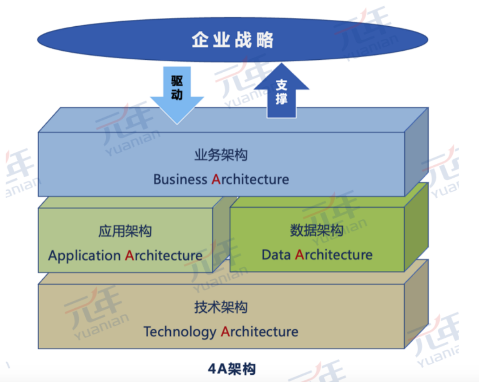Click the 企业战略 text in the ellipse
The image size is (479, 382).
click(232, 40)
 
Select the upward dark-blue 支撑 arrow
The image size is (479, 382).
click(282, 90)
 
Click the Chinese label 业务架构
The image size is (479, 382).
click(221, 155)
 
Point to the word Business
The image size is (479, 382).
click(180, 179)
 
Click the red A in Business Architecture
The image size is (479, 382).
click(216, 179)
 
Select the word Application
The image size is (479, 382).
click(85, 256)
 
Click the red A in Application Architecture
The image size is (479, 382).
click(129, 255)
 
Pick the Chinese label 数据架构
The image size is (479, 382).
click(316, 230)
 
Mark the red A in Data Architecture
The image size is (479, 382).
click(300, 255)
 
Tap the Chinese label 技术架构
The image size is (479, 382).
click(221, 307)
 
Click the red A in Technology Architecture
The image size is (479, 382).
click(225, 331)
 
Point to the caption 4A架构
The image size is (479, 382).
click(232, 369)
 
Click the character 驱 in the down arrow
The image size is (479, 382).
click(177, 81)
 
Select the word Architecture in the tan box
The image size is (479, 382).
click(260, 331)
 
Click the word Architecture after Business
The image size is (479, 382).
click(250, 179)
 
